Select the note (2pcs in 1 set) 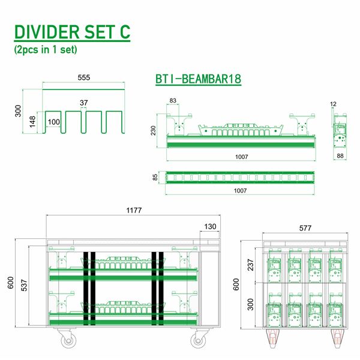pos(46,50)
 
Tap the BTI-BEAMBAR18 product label pos(198,79)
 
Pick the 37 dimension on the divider pos(85,103)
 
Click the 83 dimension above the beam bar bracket pos(173,100)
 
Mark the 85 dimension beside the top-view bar pos(156,178)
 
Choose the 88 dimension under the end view pos(340,156)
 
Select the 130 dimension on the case pos(210,227)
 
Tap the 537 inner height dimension pos(24,286)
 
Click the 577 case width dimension pos(305,228)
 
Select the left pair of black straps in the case pos(89,289)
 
